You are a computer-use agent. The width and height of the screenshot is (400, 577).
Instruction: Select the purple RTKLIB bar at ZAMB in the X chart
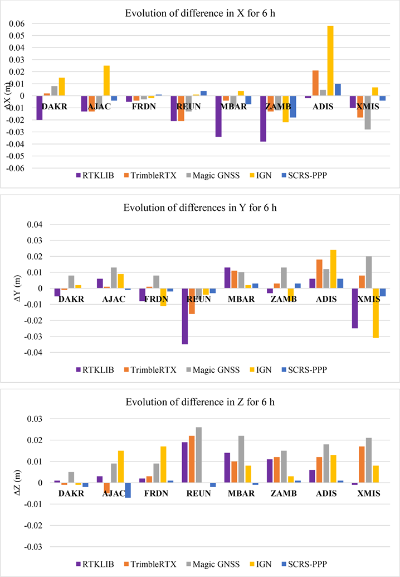tap(263, 119)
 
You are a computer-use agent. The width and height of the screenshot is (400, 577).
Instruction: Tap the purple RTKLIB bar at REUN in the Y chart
tap(184, 316)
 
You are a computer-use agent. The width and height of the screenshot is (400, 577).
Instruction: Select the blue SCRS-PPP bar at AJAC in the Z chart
tap(128, 490)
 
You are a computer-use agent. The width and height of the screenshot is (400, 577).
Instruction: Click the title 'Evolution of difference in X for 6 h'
tap(199, 8)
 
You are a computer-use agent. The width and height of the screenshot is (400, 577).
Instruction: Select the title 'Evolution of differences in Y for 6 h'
tap(199, 208)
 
